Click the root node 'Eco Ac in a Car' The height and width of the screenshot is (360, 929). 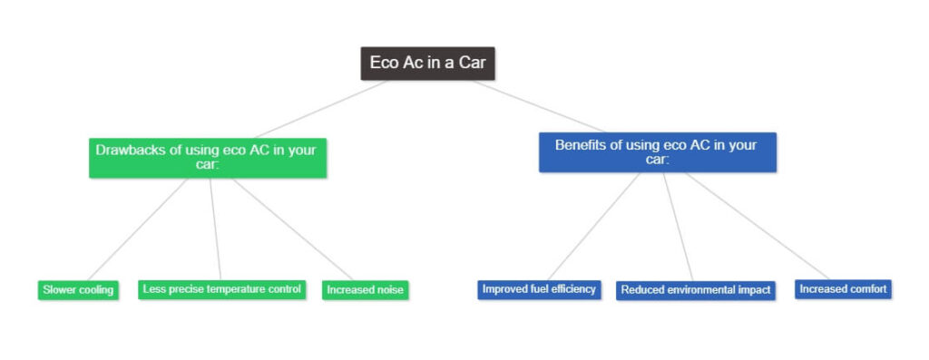(x=428, y=63)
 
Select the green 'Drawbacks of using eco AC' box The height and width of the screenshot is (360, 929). (x=207, y=157)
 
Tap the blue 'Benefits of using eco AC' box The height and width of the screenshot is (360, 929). (x=657, y=151)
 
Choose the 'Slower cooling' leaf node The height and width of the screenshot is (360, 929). (x=78, y=290)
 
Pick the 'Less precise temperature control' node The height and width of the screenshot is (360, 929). (x=221, y=289)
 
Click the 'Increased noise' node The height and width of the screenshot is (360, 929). (x=366, y=290)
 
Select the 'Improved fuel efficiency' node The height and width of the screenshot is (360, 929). (x=539, y=289)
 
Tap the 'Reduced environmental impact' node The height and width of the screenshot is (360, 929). (x=696, y=290)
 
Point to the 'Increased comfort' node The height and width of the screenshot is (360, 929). (x=844, y=289)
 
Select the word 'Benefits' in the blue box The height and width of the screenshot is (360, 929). (x=582, y=144)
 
